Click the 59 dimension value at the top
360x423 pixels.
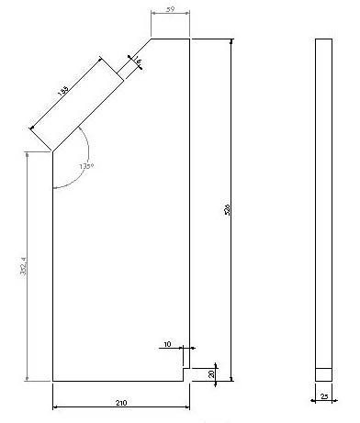click(169, 9)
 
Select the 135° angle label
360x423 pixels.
click(85, 166)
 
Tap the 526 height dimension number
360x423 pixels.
click(226, 210)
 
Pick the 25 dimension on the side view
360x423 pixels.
click(324, 395)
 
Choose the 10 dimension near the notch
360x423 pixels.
click(167, 344)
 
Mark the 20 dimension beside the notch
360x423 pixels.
click(212, 374)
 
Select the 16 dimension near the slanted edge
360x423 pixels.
click(138, 61)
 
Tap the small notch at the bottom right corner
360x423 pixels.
click(186, 373)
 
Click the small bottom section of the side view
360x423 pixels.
click(323, 374)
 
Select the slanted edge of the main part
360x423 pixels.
click(101, 95)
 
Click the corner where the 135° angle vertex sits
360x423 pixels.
click(52, 150)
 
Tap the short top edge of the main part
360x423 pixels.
click(170, 39)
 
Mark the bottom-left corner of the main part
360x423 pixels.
click(52, 380)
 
